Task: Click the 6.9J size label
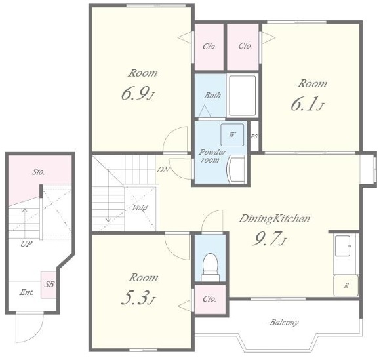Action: click(138, 94)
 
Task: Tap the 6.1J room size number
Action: click(308, 105)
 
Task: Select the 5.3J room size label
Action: click(138, 298)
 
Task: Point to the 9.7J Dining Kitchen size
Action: click(270, 239)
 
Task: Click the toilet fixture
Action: click(211, 267)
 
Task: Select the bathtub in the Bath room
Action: click(243, 96)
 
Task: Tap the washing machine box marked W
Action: click(232, 135)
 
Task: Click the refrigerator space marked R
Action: click(346, 286)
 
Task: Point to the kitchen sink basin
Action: click(343, 246)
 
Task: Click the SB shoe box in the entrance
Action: click(49, 285)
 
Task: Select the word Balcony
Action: click(284, 323)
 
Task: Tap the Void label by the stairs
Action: click(140, 208)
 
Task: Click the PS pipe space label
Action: click(254, 137)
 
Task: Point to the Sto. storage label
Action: click(39, 172)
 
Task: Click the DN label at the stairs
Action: click(163, 170)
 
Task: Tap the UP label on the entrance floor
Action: click(26, 244)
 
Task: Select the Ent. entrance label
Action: click(26, 292)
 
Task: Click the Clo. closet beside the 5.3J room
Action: click(209, 299)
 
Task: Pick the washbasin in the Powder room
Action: click(237, 170)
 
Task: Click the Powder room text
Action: click(212, 156)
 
